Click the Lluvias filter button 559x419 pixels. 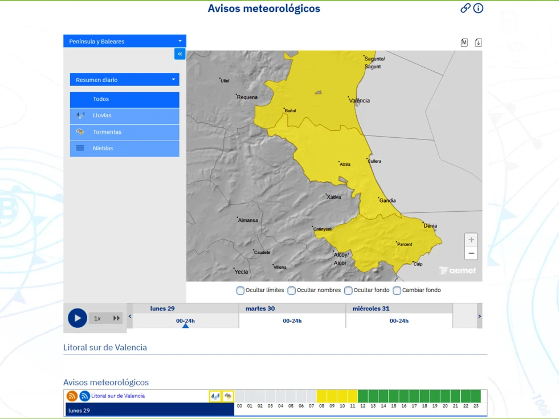124,116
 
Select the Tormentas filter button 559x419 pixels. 124,132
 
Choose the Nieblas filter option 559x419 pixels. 124,149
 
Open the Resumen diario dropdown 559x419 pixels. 124,80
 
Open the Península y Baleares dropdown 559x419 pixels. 124,41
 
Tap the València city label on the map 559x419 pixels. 360,101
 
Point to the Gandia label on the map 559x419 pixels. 388,200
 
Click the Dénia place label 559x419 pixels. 430,226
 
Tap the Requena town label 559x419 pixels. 248,97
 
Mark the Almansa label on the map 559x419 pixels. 248,220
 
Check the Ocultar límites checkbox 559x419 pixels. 240,290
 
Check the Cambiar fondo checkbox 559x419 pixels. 397,290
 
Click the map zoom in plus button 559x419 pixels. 471,240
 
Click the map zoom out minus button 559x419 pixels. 471,253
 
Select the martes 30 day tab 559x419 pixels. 292,315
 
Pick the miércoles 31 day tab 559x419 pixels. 399,315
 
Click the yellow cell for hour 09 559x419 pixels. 332,396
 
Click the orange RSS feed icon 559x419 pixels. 72,396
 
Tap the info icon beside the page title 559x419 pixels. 478,8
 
